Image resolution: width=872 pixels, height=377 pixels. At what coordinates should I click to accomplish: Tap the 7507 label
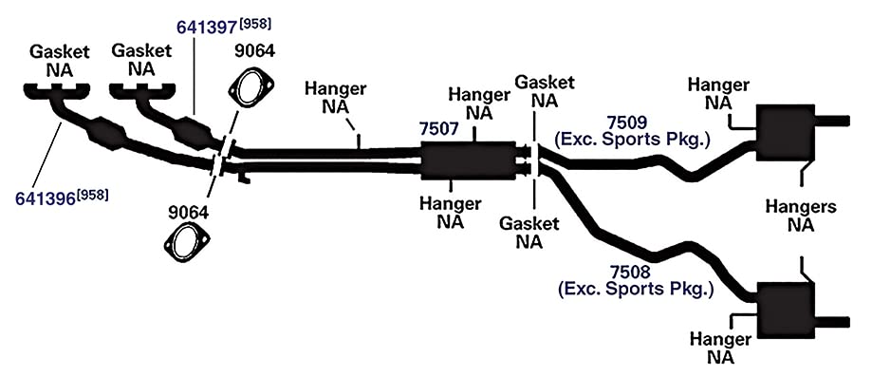point(438,129)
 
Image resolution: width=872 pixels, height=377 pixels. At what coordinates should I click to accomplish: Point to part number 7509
point(627,122)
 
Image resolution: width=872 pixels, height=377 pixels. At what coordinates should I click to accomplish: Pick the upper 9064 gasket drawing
point(251,86)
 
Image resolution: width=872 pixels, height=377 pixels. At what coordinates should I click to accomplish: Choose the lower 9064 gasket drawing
point(188,242)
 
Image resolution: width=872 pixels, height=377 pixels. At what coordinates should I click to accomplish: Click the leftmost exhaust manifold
point(56,93)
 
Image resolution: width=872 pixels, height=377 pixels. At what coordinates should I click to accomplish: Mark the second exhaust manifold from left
point(142,92)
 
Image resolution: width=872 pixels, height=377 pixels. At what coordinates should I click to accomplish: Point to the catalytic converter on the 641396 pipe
point(108,133)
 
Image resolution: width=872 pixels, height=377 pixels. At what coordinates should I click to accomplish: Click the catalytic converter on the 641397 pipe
point(192,131)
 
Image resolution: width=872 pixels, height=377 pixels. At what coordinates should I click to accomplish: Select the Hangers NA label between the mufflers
point(801,217)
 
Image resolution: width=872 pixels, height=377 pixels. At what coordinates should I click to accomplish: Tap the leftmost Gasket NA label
point(60,62)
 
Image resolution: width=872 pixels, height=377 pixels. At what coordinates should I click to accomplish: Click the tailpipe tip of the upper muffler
point(832,121)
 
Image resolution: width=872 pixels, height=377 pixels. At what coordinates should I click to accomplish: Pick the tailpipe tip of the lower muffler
point(832,322)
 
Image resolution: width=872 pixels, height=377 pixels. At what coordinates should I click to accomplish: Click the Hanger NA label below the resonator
point(451,213)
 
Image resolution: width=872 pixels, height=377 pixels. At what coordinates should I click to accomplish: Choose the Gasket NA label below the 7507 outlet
point(529,234)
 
